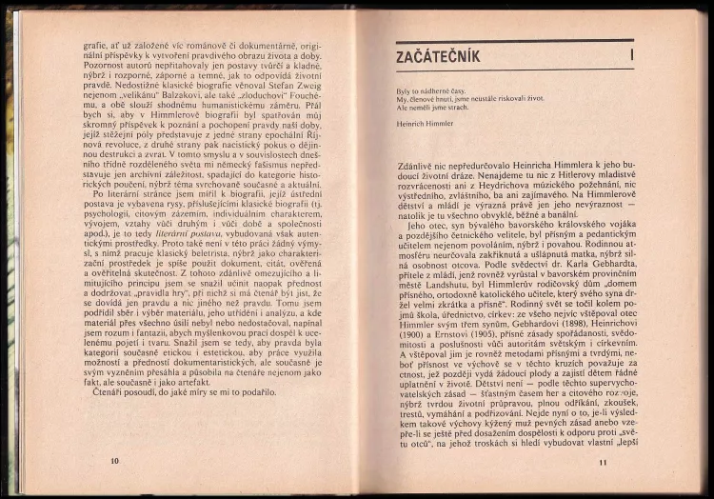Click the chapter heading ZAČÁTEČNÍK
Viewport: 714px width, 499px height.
[438, 56]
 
